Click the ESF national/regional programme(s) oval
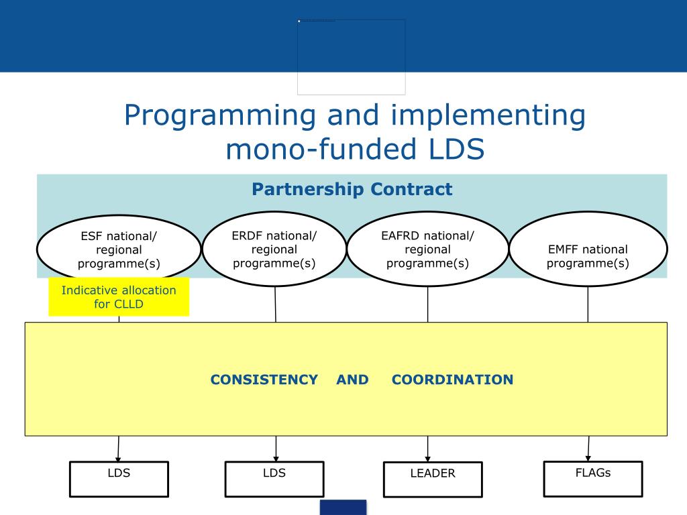tap(119, 249)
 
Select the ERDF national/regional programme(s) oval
tap(274, 249)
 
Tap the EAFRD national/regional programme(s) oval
tap(427, 249)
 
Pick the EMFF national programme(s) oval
tap(588, 249)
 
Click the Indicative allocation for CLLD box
tap(119, 297)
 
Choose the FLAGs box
tap(593, 479)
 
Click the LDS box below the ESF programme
tap(119, 479)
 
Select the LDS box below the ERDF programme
tap(274, 479)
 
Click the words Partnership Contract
tap(352, 190)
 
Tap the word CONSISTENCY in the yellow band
tap(264, 380)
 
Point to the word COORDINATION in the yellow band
tap(452, 380)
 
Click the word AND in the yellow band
tap(353, 380)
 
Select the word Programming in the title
tap(219, 115)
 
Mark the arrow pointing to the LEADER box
tap(428, 449)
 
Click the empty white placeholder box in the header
tap(352, 57)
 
